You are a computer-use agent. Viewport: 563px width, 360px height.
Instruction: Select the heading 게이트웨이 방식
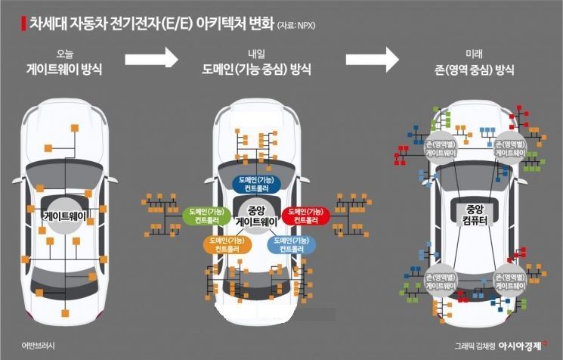point(65,71)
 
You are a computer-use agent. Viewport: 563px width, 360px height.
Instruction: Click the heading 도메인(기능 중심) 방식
point(257,71)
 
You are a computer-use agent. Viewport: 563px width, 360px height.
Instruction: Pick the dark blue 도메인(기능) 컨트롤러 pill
point(255,182)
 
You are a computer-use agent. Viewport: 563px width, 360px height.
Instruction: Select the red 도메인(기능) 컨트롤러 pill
point(307,216)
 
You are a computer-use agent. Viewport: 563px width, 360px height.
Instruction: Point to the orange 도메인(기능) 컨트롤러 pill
point(224,244)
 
